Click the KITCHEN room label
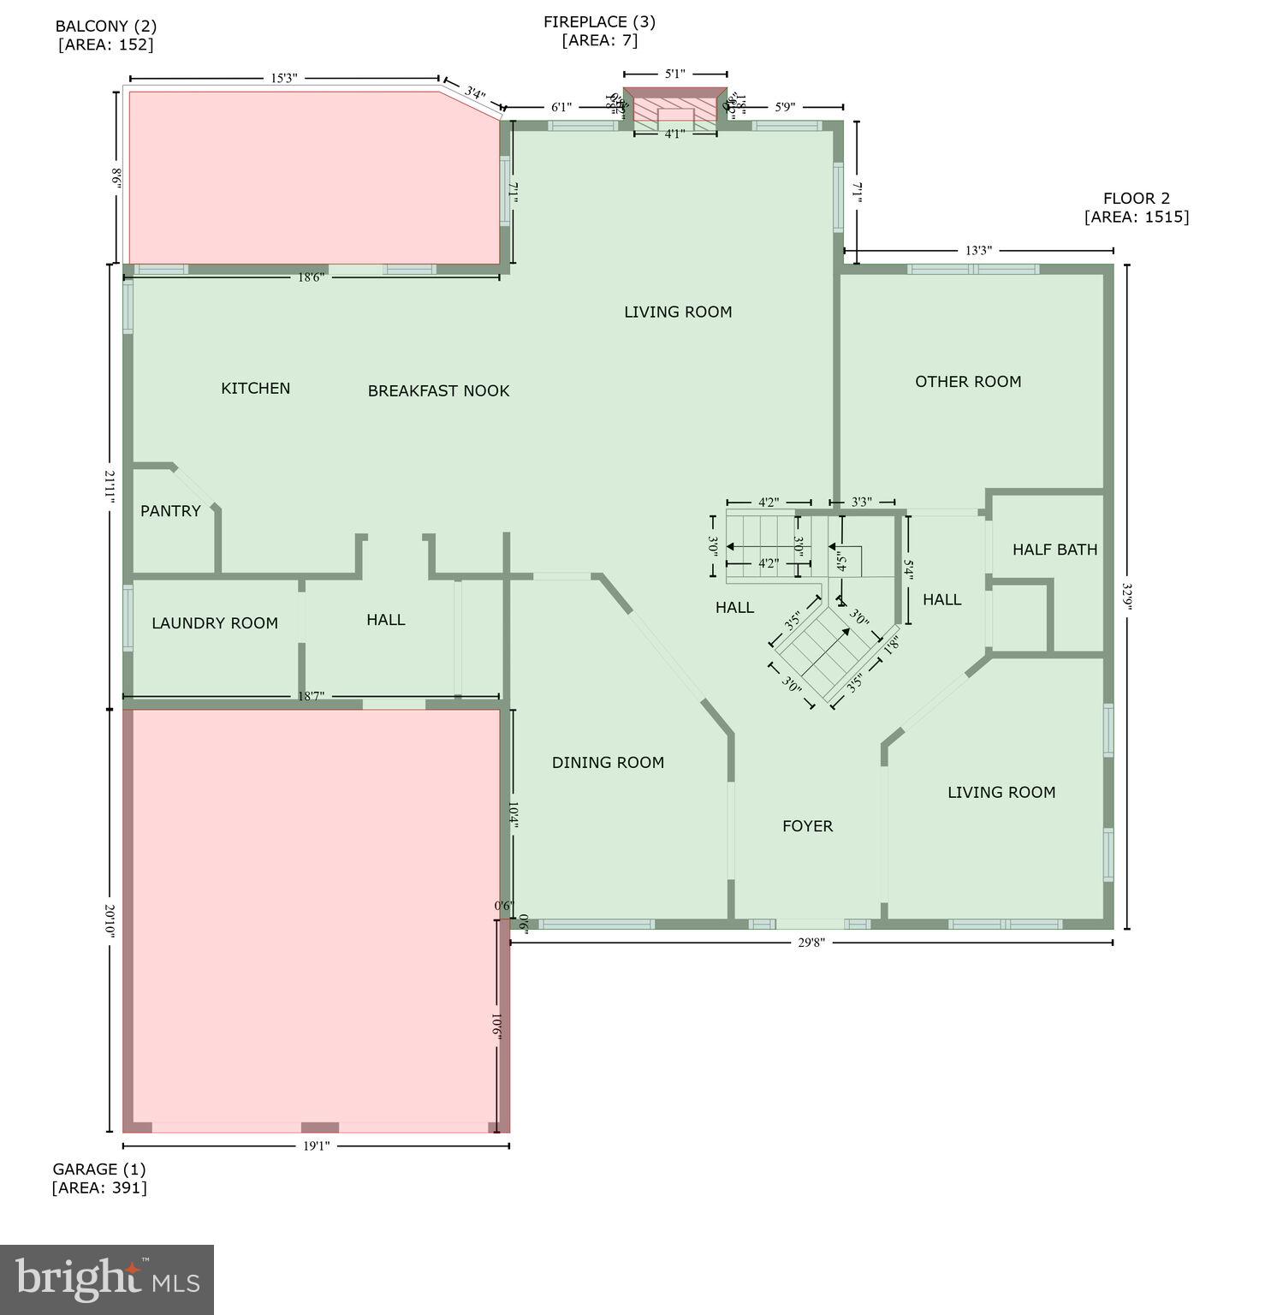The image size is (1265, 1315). pyautogui.click(x=255, y=389)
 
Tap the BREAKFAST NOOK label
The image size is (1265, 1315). pyautogui.click(x=438, y=391)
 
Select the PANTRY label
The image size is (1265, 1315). pyautogui.click(x=170, y=511)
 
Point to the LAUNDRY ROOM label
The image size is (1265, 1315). pyautogui.click(x=215, y=623)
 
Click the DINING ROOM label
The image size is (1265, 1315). pyautogui.click(x=608, y=763)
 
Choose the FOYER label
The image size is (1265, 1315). pyautogui.click(x=807, y=826)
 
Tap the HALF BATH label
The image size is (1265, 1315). pyautogui.click(x=1054, y=550)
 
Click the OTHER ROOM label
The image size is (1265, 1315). pyautogui.click(x=968, y=382)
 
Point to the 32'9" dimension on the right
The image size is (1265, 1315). pyautogui.click(x=1126, y=596)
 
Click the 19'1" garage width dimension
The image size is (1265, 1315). pyautogui.click(x=316, y=1145)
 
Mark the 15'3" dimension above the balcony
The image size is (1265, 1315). pyautogui.click(x=283, y=78)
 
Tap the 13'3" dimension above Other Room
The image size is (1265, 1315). pyautogui.click(x=978, y=251)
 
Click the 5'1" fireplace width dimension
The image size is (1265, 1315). pyautogui.click(x=675, y=74)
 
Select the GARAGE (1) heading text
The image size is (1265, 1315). pyautogui.click(x=99, y=1169)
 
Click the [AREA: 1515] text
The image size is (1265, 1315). pyautogui.click(x=1136, y=217)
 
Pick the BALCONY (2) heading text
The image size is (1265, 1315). pyautogui.click(x=106, y=27)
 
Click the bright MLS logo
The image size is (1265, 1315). pyautogui.click(x=107, y=1279)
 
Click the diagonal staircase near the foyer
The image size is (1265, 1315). pyautogui.click(x=822, y=651)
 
